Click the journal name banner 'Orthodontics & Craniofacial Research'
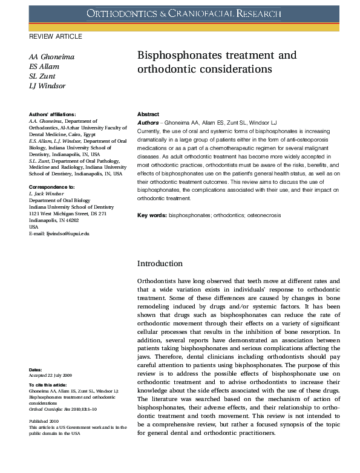pyautogui.click(x=184, y=13)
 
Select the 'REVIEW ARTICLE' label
pyautogui.click(x=56, y=37)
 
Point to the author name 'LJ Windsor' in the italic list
pyautogui.click(x=47, y=86)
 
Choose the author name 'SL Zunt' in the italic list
pyautogui.click(x=42, y=76)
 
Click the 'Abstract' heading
pyautogui.click(x=148, y=114)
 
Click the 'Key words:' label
pyautogui.click(x=152, y=215)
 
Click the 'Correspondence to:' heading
pyautogui.click(x=52, y=188)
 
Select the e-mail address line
pyautogui.click(x=59, y=233)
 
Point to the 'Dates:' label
pyautogui.click(x=36, y=370)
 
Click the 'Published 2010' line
pyautogui.click(x=44, y=420)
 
